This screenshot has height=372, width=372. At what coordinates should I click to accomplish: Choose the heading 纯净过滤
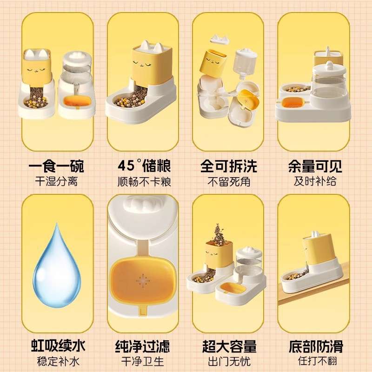(x=143, y=346)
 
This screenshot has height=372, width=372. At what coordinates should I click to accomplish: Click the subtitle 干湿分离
(x=56, y=181)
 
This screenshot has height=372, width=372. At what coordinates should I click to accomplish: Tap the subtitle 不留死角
(x=228, y=181)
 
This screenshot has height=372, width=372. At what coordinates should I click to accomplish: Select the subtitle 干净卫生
(x=143, y=361)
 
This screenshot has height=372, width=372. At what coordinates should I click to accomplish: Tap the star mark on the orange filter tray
(x=142, y=279)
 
